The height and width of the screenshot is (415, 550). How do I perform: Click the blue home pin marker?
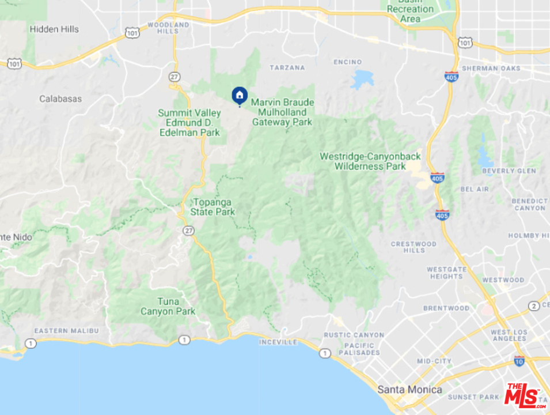pyautogui.click(x=240, y=95)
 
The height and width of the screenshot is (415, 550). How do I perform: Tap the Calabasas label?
pyautogui.click(x=60, y=99)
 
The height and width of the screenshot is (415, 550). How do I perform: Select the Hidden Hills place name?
pyautogui.click(x=54, y=29)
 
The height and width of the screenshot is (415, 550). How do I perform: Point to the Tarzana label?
pyautogui.click(x=286, y=67)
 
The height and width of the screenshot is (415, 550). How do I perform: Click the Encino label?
pyautogui.click(x=348, y=62)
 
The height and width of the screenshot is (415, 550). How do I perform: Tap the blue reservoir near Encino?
pyautogui.click(x=362, y=79)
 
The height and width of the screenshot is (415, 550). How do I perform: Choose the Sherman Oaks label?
pyautogui.click(x=498, y=68)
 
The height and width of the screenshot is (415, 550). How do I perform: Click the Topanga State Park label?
pyautogui.click(x=213, y=207)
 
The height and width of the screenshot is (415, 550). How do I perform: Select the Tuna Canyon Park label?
pyautogui.click(x=168, y=306)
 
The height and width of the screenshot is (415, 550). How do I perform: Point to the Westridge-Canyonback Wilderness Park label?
pyautogui.click(x=370, y=161)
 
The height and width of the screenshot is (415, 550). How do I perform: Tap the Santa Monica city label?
pyautogui.click(x=410, y=390)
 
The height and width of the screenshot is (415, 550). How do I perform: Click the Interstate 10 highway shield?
pyautogui.click(x=519, y=361)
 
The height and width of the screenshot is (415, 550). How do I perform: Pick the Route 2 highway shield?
pyautogui.click(x=534, y=305)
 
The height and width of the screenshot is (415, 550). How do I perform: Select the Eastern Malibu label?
pyautogui.click(x=66, y=330)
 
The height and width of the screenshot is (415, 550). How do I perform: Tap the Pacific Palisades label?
pyautogui.click(x=359, y=349)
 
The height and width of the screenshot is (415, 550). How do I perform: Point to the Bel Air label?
pyautogui.click(x=475, y=189)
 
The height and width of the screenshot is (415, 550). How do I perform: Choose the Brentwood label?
pyautogui.click(x=446, y=308)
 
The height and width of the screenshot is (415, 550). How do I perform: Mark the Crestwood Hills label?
pyautogui.click(x=414, y=247)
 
